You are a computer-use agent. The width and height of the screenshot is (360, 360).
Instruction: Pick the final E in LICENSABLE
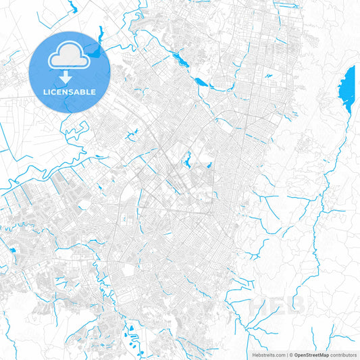(93, 91)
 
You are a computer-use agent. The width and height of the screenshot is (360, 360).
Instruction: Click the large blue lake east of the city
(349, 88)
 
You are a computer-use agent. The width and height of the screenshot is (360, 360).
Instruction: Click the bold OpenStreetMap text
(311, 354)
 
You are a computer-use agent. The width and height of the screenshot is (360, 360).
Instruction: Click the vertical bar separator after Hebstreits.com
(287, 354)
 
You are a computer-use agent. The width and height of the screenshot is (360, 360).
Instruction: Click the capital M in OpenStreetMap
(321, 354)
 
